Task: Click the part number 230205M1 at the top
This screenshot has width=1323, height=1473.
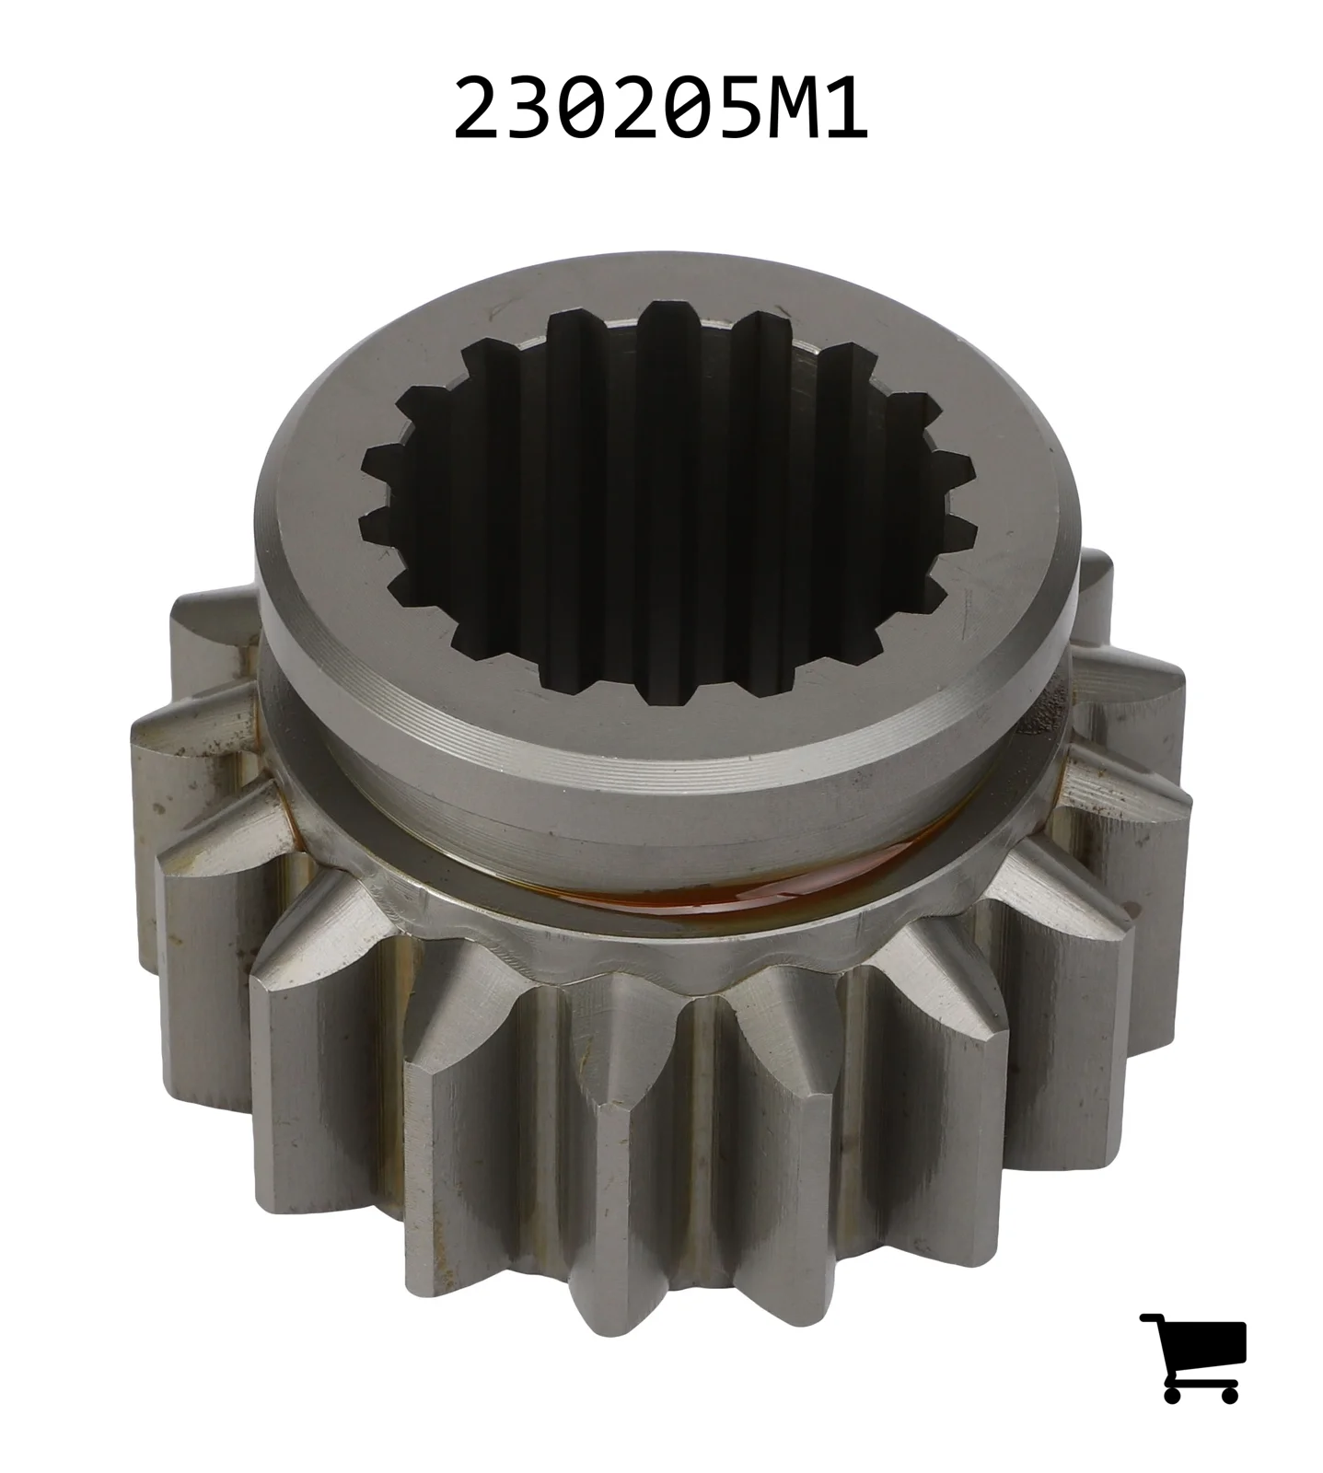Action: coord(660,110)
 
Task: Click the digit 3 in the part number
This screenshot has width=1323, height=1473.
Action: coord(528,110)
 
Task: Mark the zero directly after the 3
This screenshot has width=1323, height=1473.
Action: coord(581,110)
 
